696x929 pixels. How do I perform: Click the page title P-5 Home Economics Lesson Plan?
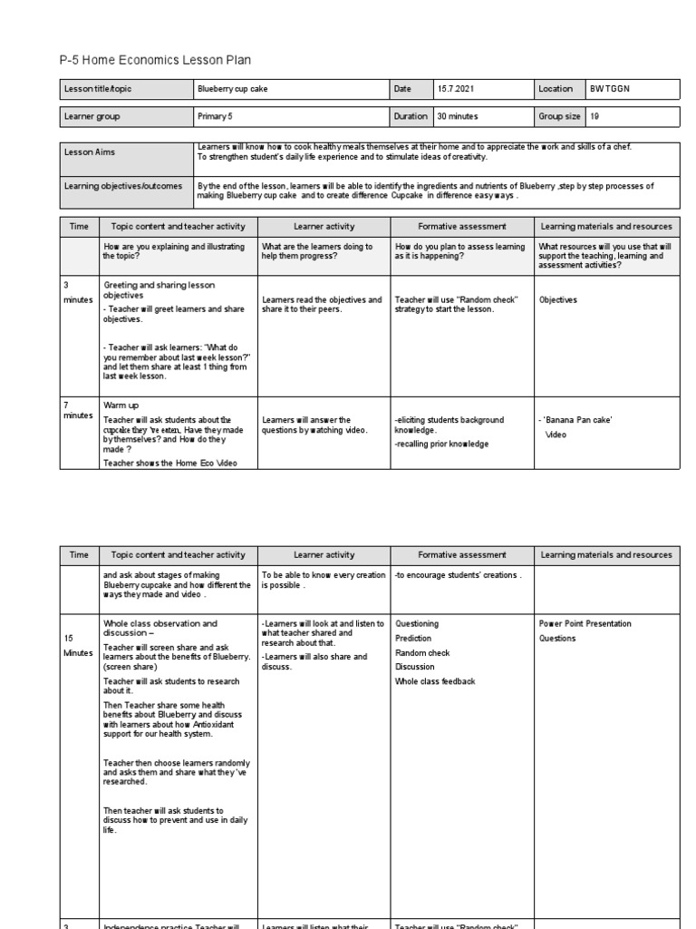coord(155,60)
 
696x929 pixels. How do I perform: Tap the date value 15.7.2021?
coord(454,89)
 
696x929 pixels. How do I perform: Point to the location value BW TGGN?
coord(608,89)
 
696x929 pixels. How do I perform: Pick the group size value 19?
coord(594,116)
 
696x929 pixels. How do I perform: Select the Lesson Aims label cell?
coord(90,153)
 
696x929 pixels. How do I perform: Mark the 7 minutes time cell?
coord(77,409)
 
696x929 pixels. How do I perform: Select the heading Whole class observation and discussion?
coord(161,629)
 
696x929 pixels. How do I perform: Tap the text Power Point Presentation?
coord(585,623)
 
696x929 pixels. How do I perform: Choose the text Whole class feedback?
coord(435,681)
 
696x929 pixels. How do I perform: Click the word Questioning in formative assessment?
coord(417,623)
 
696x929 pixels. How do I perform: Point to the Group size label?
coord(563,116)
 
